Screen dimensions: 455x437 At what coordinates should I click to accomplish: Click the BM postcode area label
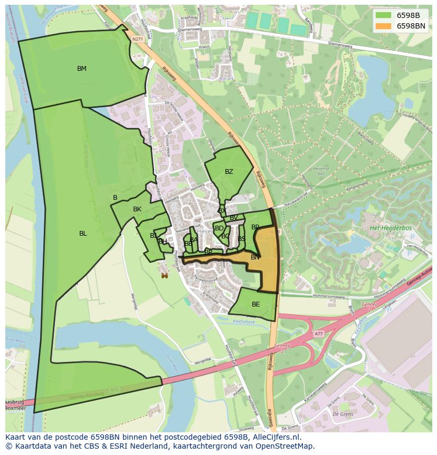coord(82,69)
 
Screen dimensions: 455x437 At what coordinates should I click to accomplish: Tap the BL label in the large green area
coord(83,234)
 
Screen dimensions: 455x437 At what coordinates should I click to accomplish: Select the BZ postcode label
coord(229,172)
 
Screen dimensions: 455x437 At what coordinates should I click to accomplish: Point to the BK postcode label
coord(137,209)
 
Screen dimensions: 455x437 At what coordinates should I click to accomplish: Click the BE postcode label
coord(256,304)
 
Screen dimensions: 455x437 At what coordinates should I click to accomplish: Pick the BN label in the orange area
coord(255,257)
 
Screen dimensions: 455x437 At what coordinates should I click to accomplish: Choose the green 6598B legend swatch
coord(383,15)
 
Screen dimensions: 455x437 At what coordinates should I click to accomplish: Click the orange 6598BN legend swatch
coord(383,25)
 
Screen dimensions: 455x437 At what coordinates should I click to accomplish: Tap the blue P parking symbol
coord(409,253)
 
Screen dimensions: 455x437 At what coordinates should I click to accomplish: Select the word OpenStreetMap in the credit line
coord(289,446)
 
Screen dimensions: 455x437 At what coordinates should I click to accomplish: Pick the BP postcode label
coord(255,227)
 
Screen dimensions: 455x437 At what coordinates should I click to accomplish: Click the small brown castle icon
coord(165,275)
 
